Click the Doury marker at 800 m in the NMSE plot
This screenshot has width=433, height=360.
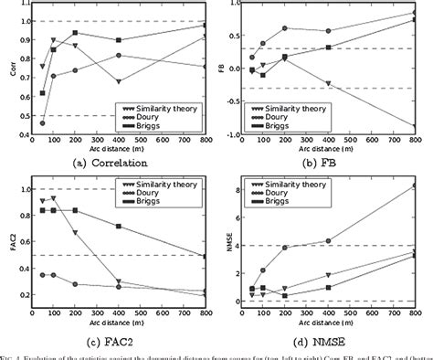[417, 185]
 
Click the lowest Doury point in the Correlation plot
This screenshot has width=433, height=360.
[43, 122]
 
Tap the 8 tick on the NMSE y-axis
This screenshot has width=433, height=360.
[239, 191]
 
